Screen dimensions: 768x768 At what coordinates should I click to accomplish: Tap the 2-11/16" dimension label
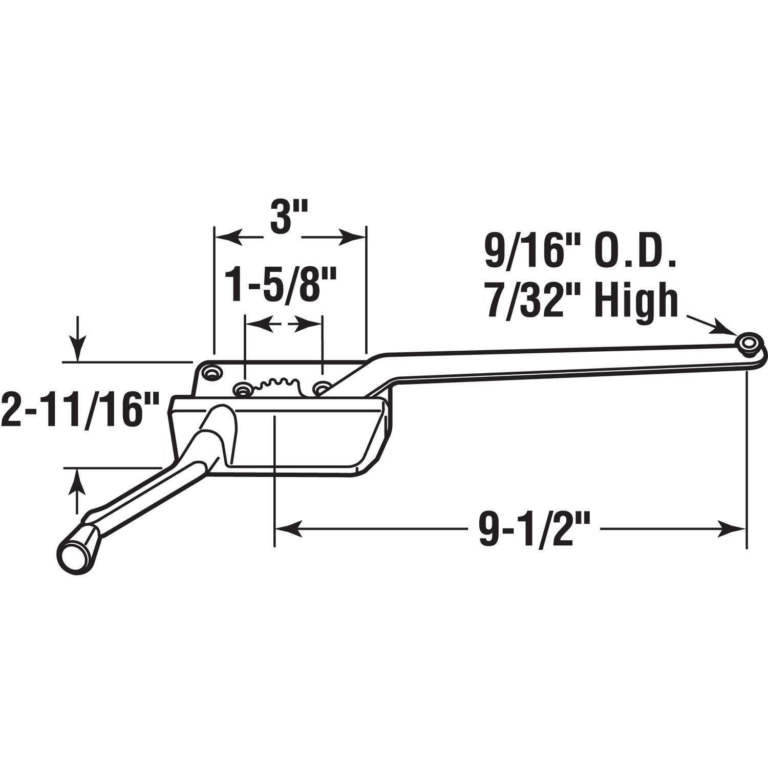(79, 410)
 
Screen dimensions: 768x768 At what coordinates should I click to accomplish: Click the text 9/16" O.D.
(580, 252)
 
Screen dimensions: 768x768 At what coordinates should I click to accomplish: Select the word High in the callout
(638, 302)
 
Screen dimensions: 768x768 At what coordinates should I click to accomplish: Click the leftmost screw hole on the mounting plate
(210, 371)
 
